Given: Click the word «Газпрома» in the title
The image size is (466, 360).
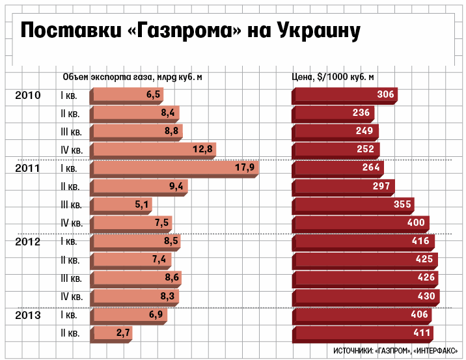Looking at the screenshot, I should pos(182,32).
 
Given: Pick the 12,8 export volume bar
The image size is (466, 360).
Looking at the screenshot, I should pos(154,150).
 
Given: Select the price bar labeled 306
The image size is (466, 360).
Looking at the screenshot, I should pos(345,95).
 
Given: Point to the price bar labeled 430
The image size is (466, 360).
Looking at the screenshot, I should pos(366,296).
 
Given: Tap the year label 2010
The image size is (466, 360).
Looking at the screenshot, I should pos(28,95).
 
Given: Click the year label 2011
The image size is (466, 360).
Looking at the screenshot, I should pos(28,168).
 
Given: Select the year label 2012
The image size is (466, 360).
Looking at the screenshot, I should pos(28,242).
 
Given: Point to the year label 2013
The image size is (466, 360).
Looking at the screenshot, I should pos(28,315).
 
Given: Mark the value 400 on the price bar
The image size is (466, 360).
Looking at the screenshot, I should pos(415,223).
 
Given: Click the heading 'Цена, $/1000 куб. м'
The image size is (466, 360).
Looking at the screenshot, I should pos(333,77).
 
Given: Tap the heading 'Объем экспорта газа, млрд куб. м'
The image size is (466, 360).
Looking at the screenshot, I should pos(132,77).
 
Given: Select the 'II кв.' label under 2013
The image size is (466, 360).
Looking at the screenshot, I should pos(70,333).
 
